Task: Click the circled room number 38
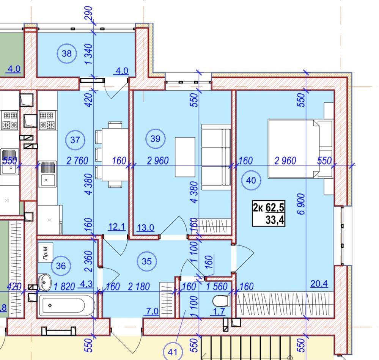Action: coord(67,53)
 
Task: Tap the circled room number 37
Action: coord(75,140)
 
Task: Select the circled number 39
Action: coord(156,138)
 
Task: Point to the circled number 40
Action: coord(251,180)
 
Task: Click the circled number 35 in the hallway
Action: coord(147,261)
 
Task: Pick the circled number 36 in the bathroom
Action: coord(61,266)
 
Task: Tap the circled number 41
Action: coord(173,352)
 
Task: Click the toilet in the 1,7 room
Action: coord(221,301)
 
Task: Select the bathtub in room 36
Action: coord(67,305)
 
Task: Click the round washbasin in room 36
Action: coord(45,282)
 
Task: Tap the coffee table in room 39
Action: coord(185,157)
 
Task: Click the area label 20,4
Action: coord(319,283)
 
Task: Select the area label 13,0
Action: coord(146,228)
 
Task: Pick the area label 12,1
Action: coord(117,226)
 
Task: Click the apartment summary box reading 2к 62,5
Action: coord(269,213)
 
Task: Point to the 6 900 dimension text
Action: coord(301,204)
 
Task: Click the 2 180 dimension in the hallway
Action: coord(139,286)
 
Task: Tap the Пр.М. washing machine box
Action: coord(46,252)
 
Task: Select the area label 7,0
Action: coord(152,311)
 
